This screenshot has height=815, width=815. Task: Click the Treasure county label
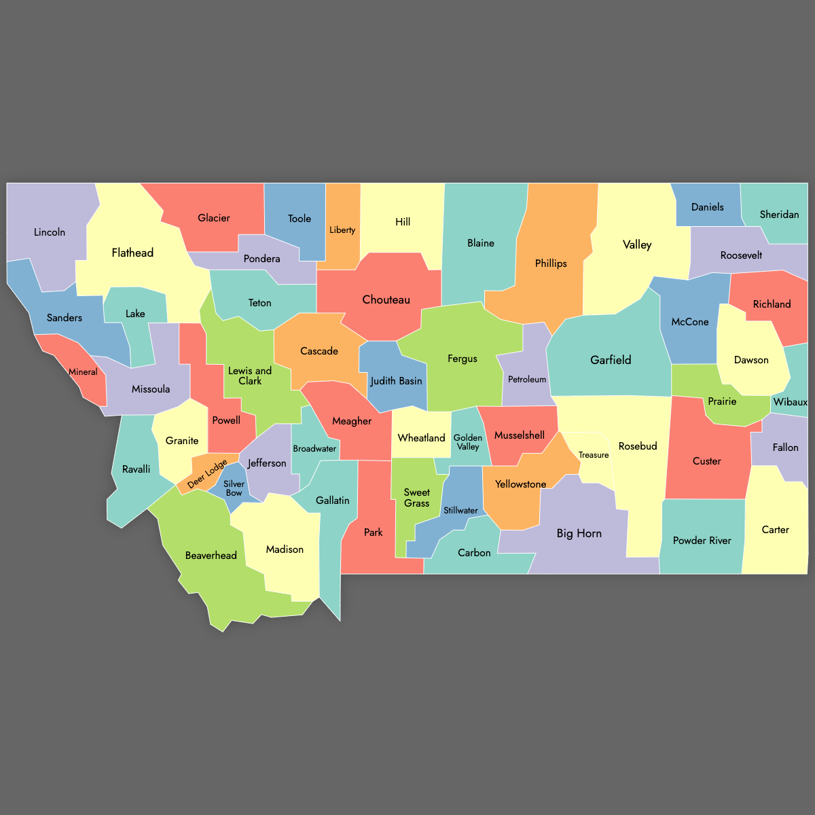point(594,455)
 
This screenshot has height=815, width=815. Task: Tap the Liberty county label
point(342,230)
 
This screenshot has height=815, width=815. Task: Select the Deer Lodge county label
point(207,474)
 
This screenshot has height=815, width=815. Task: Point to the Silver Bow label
point(234,488)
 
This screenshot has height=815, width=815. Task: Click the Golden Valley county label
point(468,442)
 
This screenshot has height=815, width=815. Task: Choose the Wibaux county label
point(791,402)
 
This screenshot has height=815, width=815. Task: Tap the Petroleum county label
point(527,380)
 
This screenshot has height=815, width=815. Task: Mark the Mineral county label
point(83,372)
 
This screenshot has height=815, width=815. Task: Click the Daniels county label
point(708,207)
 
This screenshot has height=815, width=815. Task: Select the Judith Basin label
point(396,381)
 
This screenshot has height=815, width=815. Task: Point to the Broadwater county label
point(314,449)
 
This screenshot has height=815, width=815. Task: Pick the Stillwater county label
point(460,511)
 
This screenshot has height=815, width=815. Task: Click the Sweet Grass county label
point(416,498)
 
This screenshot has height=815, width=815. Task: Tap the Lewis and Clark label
point(250,376)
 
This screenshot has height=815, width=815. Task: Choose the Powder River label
point(702,541)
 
